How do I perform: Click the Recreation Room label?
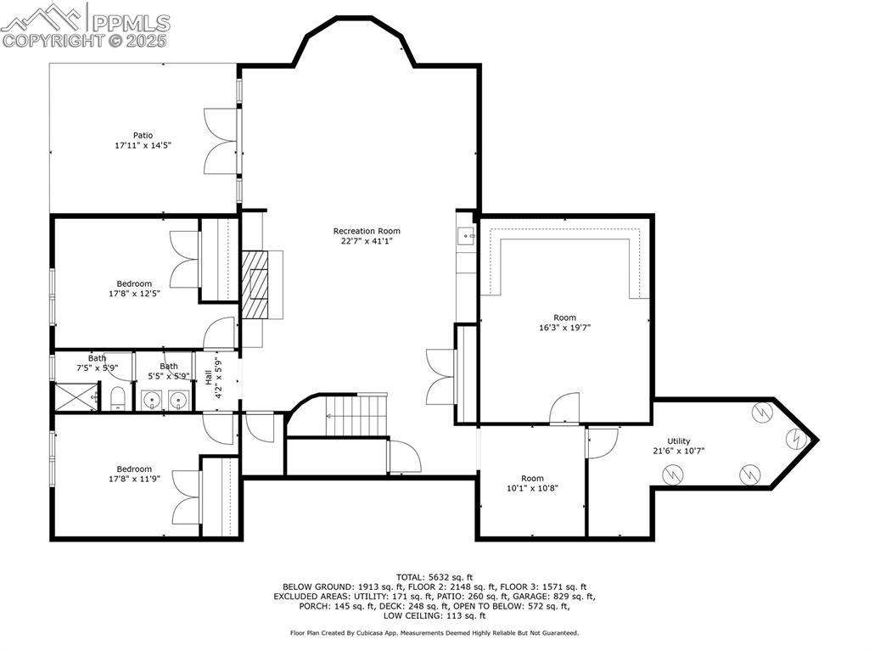367,231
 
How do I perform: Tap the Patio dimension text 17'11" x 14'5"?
143,146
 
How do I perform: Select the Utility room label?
678,441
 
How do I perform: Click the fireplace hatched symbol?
254,284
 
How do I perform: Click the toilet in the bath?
118,397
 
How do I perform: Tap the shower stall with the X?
73,396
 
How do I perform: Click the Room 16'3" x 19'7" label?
564,317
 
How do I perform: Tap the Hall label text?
209,377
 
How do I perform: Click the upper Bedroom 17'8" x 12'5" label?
134,283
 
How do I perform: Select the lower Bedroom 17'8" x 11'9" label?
134,469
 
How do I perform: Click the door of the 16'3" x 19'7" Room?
565,409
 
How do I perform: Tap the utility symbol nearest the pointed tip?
796,439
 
